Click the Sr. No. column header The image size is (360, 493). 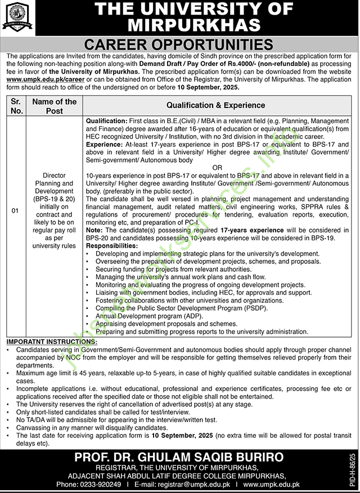(17, 106)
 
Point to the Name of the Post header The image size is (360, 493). (54, 106)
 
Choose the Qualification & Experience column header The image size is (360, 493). (215, 105)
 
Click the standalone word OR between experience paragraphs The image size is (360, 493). (217, 168)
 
